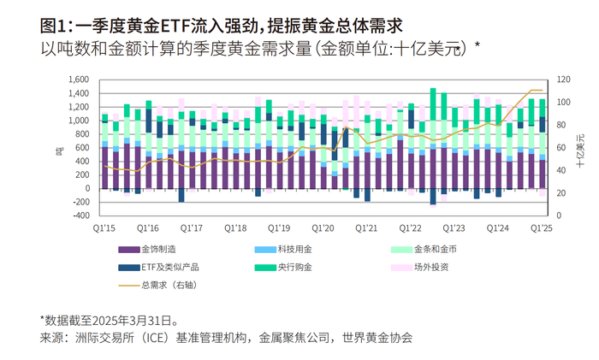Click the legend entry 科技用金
[295, 249]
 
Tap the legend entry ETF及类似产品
[169, 266]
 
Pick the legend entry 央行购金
[295, 266]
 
